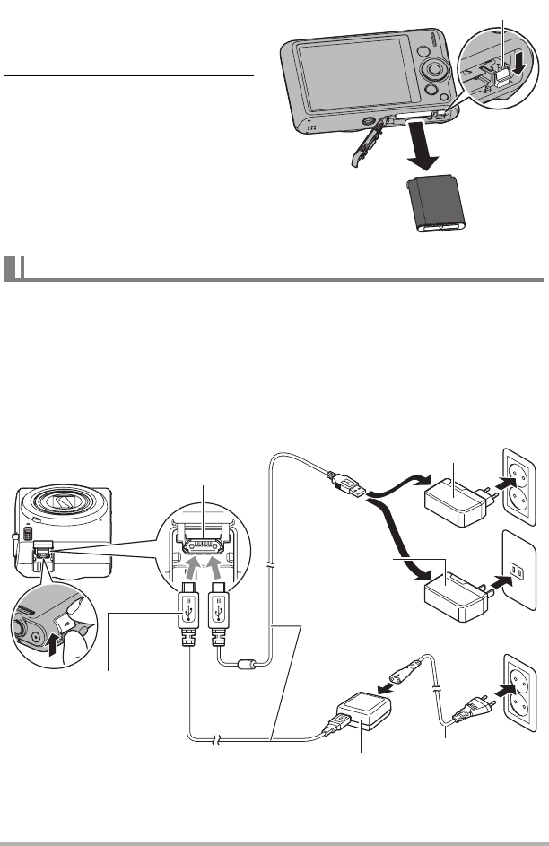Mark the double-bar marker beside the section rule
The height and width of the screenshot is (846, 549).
[13, 270]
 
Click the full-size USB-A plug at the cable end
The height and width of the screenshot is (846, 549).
[348, 487]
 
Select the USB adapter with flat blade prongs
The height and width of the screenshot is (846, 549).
[453, 596]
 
